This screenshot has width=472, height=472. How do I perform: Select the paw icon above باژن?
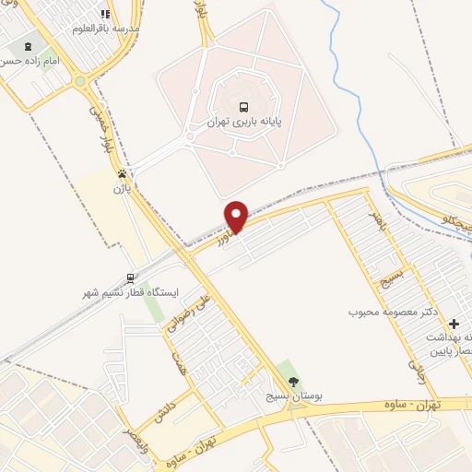point(121,172)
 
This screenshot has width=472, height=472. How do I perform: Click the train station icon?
point(130,277)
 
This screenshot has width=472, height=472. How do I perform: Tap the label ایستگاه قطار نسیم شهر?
point(131,294)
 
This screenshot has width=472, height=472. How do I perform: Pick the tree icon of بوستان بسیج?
point(294,382)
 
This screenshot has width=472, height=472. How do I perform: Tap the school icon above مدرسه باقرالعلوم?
point(105,15)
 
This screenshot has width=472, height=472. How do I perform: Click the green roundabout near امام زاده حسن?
point(81,80)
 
